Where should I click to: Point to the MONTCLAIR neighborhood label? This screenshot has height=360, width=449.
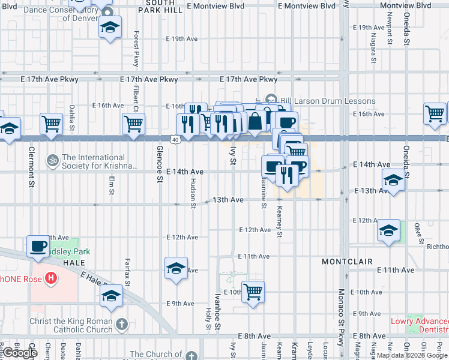pos(347,262)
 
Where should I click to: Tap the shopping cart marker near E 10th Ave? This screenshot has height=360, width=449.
pos(253,292)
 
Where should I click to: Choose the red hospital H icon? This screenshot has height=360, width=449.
pos(52,278)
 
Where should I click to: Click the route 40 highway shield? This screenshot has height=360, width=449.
pos(174,139)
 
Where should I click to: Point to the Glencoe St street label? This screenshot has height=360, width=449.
pos(160,163)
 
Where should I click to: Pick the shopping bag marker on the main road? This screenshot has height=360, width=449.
pos(255,122)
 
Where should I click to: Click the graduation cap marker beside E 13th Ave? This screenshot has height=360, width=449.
pos(393,180)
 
